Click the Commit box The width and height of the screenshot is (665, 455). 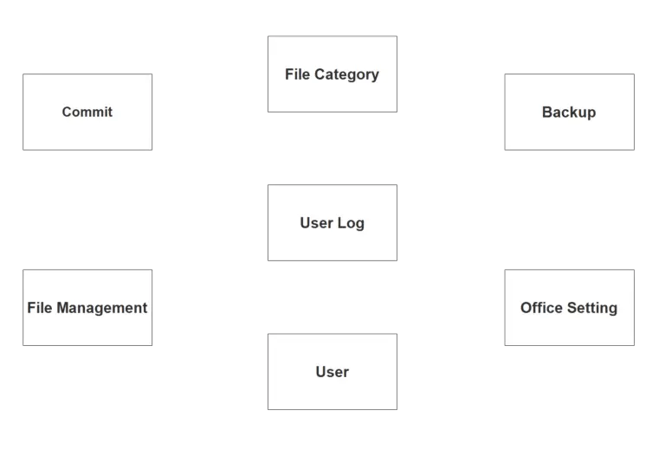pos(87,112)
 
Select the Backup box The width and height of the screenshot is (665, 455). pos(569,112)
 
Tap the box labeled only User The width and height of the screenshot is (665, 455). pos(332,372)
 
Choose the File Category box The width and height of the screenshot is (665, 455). pos(332,74)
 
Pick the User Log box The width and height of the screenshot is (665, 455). pos(332,222)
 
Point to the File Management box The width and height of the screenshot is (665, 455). pos(87,307)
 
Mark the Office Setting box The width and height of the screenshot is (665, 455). pos(569,307)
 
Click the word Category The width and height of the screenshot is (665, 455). pos(346,74)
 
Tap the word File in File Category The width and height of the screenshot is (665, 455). pos(297,74)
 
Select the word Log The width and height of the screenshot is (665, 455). pos(352,223)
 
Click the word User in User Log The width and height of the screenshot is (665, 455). pos(316,223)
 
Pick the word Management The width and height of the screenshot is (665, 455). pos(102,308)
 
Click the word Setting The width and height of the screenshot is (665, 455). pos(593,308)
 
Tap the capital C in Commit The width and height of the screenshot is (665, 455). pos(67,112)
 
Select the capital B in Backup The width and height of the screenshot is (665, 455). pos(546,112)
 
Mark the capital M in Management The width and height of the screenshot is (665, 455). pos(63,308)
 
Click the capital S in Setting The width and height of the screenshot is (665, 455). pos(572,308)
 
